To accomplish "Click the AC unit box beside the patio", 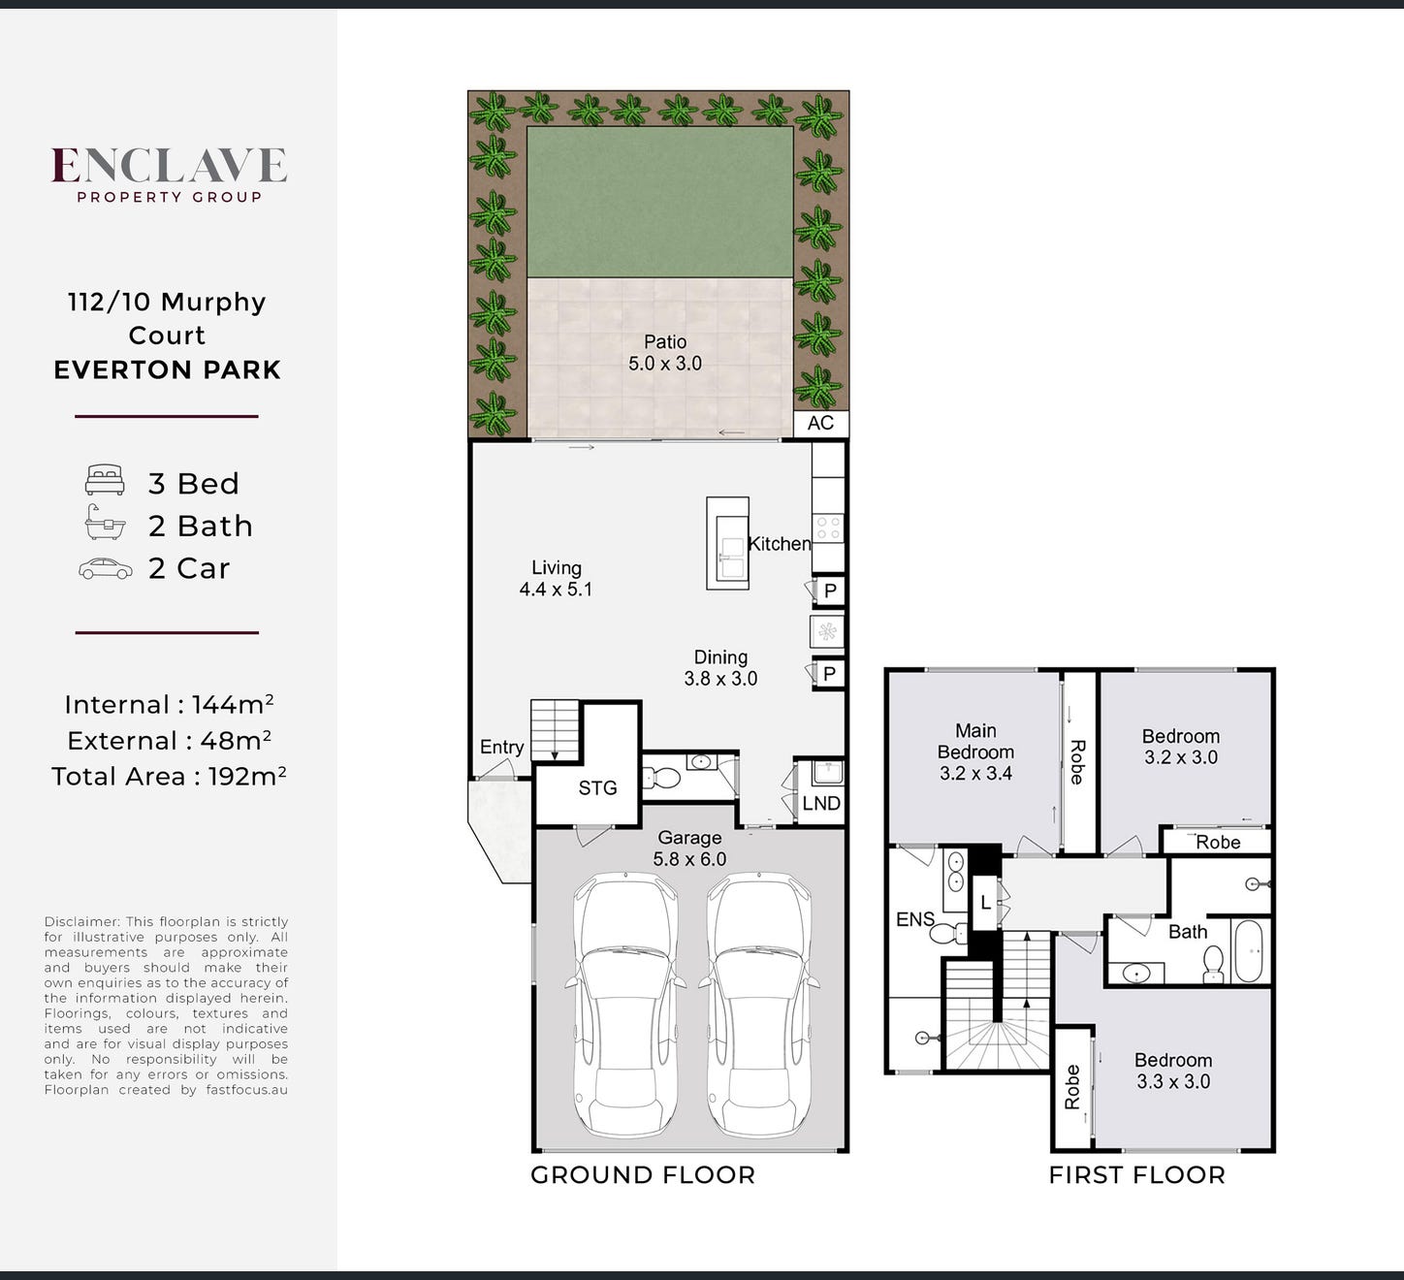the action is (821, 424).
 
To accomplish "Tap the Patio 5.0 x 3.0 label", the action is (665, 352).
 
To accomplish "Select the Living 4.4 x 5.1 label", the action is (556, 578).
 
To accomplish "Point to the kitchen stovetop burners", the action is (829, 528).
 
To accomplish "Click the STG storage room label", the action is (597, 788).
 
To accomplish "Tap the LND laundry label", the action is (821, 803).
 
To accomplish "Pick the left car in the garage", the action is (625, 1005).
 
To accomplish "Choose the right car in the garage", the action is (758, 1005).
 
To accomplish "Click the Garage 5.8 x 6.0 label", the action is (689, 848).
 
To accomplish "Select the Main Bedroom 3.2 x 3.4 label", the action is (975, 752).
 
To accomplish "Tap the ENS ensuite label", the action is (914, 919).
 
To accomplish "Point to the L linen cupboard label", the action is (985, 904).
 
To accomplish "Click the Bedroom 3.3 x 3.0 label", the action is (1173, 1071).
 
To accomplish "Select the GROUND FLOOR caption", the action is (643, 1175).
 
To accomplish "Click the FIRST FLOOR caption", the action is (1136, 1175).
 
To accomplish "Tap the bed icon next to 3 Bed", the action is (105, 480).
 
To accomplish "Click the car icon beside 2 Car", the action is (105, 569).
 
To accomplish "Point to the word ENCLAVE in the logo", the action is (169, 165).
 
